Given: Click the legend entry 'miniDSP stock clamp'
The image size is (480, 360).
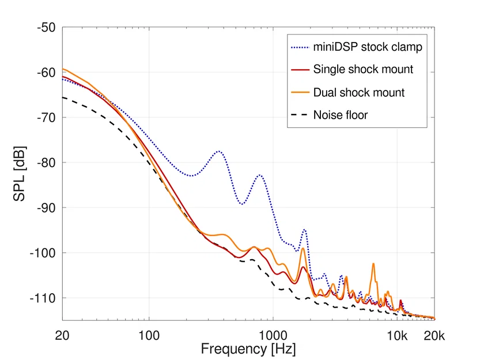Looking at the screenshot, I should pyautogui.click(x=368, y=47).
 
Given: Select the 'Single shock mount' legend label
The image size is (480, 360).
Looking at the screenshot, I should pyautogui.click(x=363, y=69).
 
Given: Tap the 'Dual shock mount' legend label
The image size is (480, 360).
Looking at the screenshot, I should pyautogui.click(x=359, y=92).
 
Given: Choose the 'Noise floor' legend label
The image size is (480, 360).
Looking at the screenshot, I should pyautogui.click(x=341, y=115).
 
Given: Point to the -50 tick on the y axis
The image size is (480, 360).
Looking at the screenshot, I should pyautogui.click(x=46, y=28).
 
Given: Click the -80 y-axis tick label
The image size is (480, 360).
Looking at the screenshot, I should pyautogui.click(x=46, y=162).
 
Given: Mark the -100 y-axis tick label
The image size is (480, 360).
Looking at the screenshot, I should pyautogui.click(x=43, y=253).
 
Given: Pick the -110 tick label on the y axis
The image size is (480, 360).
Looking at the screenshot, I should pyautogui.click(x=43, y=298).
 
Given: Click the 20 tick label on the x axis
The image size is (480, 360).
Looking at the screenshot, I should pyautogui.click(x=62, y=334).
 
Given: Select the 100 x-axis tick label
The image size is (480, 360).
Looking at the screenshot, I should pyautogui.click(x=149, y=334).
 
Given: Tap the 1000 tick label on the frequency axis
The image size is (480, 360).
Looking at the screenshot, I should pyautogui.click(x=273, y=334).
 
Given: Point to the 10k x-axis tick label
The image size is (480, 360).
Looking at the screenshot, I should pyautogui.click(x=397, y=334).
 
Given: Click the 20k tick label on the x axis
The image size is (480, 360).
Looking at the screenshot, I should pyautogui.click(x=434, y=334).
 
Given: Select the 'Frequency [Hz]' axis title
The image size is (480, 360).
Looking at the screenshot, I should pyautogui.click(x=248, y=348).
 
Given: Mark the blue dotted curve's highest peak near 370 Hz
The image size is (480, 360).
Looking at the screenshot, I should pyautogui.click(x=219, y=151).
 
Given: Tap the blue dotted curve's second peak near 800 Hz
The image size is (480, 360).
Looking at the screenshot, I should pyautogui.click(x=260, y=175).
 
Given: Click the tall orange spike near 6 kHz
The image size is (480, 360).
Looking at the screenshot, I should pyautogui.click(x=373, y=264).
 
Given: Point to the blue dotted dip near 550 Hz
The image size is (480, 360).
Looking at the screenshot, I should pyautogui.click(x=242, y=204).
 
